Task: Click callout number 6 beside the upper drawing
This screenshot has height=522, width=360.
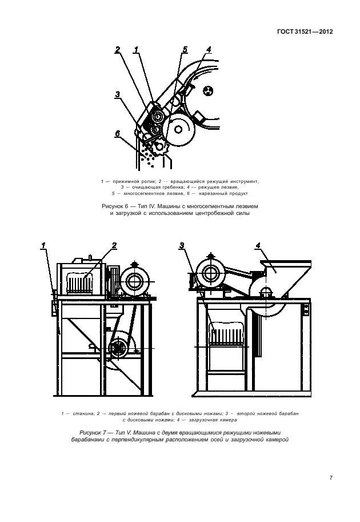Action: (117, 134)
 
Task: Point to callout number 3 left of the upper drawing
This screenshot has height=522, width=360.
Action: (117, 94)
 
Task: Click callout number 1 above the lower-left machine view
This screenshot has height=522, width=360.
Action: (42, 245)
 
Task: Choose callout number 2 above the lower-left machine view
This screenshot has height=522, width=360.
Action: (114, 245)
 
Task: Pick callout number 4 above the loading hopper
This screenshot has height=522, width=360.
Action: (258, 246)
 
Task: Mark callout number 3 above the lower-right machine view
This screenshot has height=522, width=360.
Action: (182, 246)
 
